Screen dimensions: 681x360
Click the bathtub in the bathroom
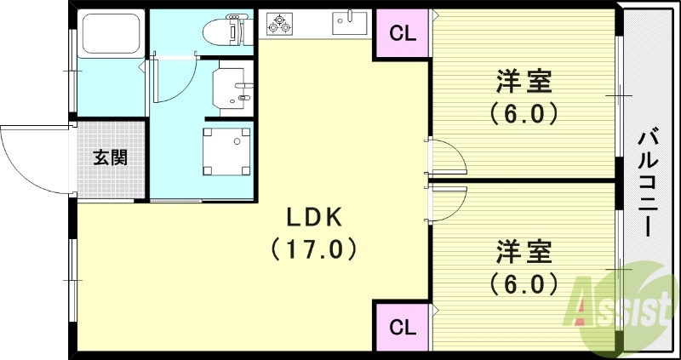point(111,33)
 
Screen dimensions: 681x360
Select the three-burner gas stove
point(279,23)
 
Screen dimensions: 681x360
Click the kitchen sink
point(350,23)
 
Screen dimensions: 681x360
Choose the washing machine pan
point(226,151)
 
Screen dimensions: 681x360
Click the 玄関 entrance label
point(111,158)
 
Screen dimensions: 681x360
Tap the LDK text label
point(313,220)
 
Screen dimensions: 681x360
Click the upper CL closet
point(402,34)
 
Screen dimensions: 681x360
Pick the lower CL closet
point(402,328)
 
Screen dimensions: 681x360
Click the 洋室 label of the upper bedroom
point(524,82)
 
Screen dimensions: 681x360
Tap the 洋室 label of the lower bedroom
point(524,252)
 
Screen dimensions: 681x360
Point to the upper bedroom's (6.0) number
point(524,114)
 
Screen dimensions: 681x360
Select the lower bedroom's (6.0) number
point(524,284)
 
